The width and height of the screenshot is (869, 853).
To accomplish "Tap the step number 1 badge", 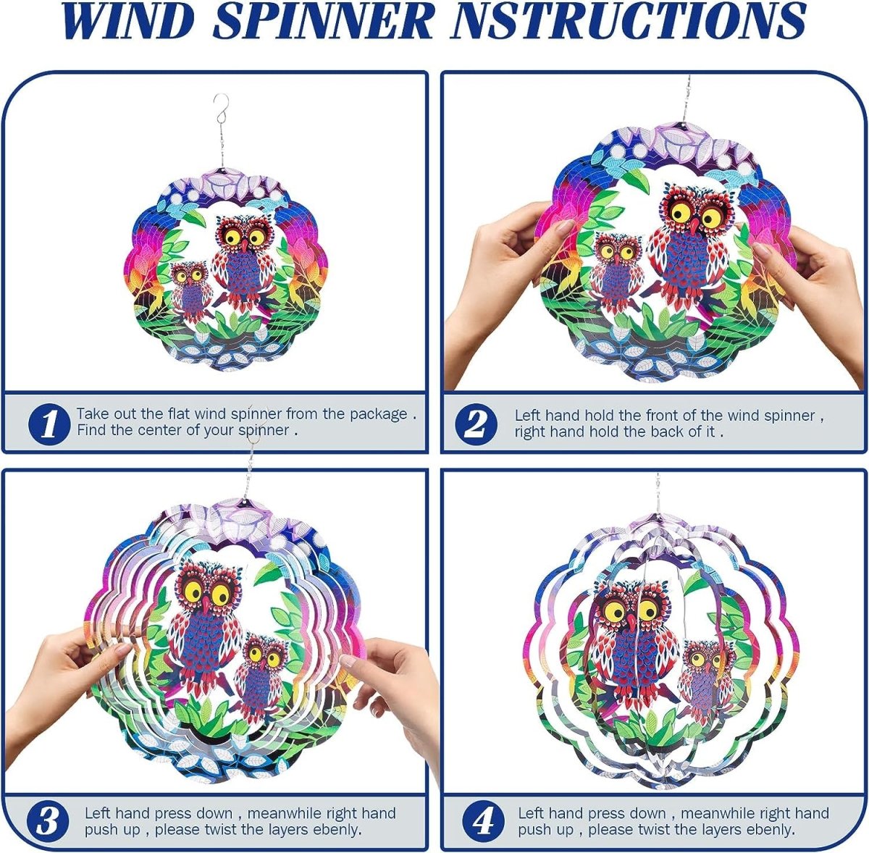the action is click(x=49, y=424).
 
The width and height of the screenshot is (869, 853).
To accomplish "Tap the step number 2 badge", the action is click(x=476, y=424).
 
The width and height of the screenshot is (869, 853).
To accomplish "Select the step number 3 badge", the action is click(x=47, y=820).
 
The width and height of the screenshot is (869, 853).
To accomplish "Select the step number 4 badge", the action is click(x=484, y=820).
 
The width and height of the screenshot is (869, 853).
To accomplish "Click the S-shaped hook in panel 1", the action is click(x=221, y=109).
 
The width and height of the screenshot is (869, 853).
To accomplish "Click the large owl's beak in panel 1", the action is click(x=245, y=246).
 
